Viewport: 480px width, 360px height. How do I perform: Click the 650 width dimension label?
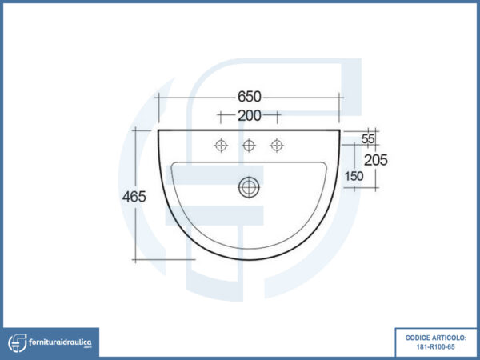[x=250, y=97]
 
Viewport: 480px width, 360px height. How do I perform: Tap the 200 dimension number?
[x=249, y=116]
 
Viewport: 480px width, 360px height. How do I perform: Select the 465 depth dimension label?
[x=134, y=197]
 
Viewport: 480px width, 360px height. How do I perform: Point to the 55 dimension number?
[x=368, y=139]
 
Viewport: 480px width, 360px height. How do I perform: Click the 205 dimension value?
[x=376, y=160]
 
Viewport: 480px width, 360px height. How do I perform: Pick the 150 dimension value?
[x=354, y=176]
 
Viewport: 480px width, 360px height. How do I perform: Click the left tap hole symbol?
[x=221, y=145]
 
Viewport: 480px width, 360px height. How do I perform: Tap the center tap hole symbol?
[x=249, y=145]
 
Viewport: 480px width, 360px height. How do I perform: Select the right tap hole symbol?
[x=277, y=145]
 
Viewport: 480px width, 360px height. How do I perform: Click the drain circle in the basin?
[x=249, y=187]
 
